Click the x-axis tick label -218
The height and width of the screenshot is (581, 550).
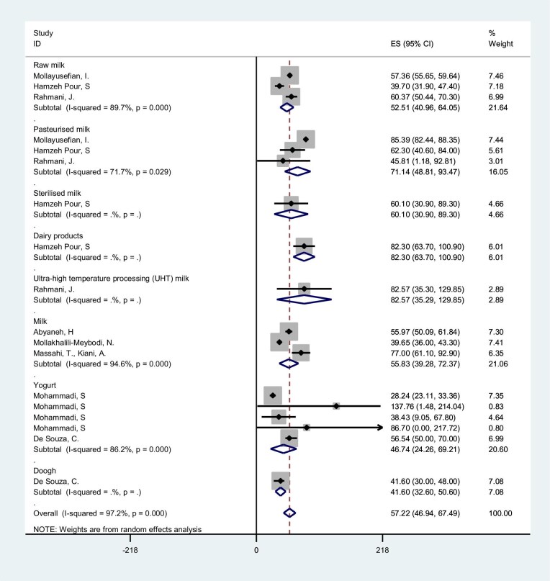click(131, 551)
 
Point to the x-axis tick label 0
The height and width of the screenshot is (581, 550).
click(257, 551)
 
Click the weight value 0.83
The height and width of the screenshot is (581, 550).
click(496, 406)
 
